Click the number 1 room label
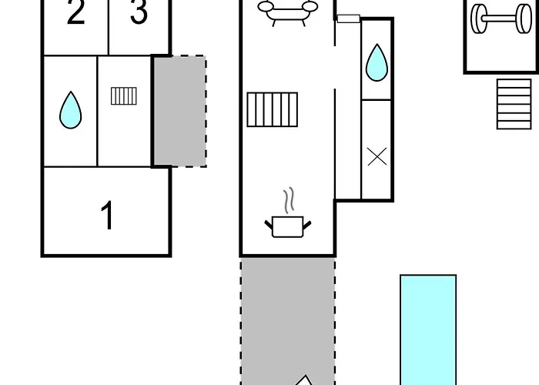(x=108, y=215)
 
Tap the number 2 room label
(x=75, y=12)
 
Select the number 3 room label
(x=139, y=12)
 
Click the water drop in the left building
(x=71, y=110)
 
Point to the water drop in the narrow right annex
(x=377, y=62)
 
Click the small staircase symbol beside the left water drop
(x=124, y=96)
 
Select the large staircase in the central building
(x=273, y=109)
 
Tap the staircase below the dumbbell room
(x=514, y=104)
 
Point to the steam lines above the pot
(x=290, y=200)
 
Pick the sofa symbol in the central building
(x=288, y=12)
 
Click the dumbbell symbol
(x=501, y=18)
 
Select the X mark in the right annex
(x=377, y=157)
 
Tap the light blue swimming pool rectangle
(x=428, y=330)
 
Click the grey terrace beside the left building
(x=179, y=111)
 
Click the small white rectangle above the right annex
(x=349, y=18)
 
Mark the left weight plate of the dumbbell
(x=477, y=18)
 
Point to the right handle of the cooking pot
(x=307, y=225)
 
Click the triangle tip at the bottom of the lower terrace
(x=305, y=376)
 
